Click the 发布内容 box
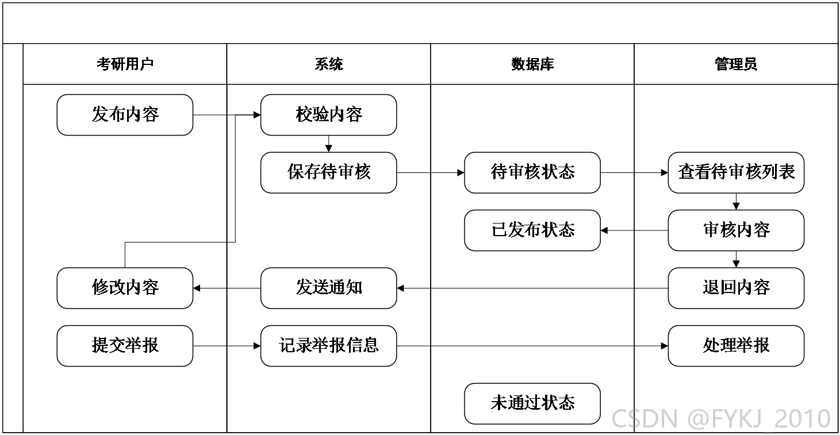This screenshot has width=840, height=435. pos(125,115)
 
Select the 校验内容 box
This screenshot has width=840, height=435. pos(328,115)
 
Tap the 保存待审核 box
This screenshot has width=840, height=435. pos(328,172)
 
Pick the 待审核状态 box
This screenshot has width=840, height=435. pos(532,172)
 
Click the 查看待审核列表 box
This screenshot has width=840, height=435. pos(736,172)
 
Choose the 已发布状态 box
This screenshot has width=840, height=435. pos(532,230)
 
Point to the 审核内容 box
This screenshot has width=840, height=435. pos(736,230)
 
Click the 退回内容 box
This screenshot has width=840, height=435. pos(736,288)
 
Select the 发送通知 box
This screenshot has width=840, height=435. pos(328,288)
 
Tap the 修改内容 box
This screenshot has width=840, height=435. pos(125,288)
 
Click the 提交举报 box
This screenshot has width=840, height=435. pos(125,345)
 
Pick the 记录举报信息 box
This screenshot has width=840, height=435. pos(328,345)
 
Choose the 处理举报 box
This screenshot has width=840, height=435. pos(736,345)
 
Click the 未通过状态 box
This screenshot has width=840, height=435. pos(532,403)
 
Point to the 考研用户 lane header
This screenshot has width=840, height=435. pos(125,64)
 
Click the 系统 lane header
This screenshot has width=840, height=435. pos(328,64)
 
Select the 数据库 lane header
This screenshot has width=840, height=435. pos(532,64)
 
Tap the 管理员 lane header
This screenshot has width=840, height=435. pos(736,64)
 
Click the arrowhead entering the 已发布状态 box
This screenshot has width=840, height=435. pos(604,230)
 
